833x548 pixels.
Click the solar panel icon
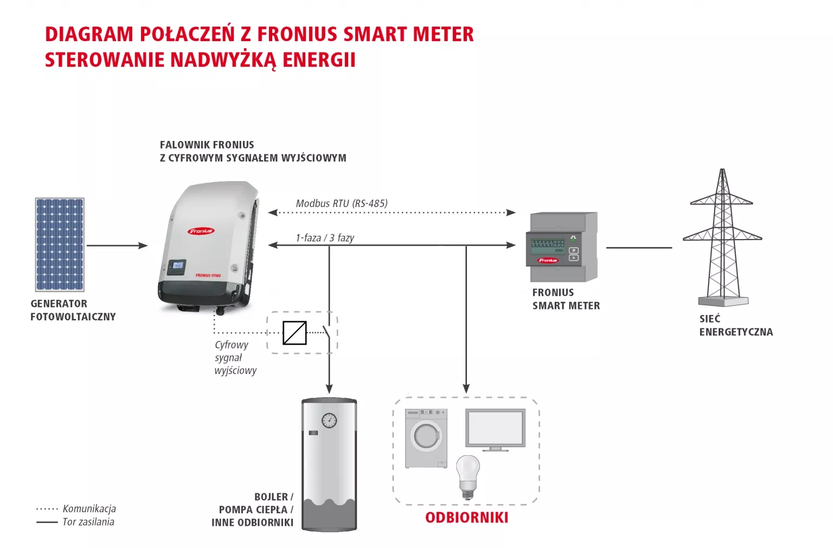tap(60, 244)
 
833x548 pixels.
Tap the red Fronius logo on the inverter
tap(201, 231)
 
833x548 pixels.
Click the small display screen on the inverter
tap(177, 266)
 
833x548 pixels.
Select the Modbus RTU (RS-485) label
tap(342, 203)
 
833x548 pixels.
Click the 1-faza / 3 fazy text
tap(325, 237)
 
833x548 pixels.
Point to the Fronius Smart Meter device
tap(562, 247)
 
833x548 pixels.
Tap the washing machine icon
tap(426, 438)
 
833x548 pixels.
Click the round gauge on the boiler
tap(329, 420)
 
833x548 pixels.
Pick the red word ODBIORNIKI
tap(466, 518)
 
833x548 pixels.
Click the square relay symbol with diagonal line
tap(294, 333)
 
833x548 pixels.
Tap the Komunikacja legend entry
tap(89, 508)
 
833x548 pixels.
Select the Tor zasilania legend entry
tap(88, 522)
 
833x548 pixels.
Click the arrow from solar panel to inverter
tap(117, 246)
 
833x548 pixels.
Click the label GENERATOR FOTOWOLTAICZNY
tap(73, 310)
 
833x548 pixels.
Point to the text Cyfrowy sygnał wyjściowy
tap(235, 358)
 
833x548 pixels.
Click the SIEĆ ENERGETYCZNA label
tap(735, 325)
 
